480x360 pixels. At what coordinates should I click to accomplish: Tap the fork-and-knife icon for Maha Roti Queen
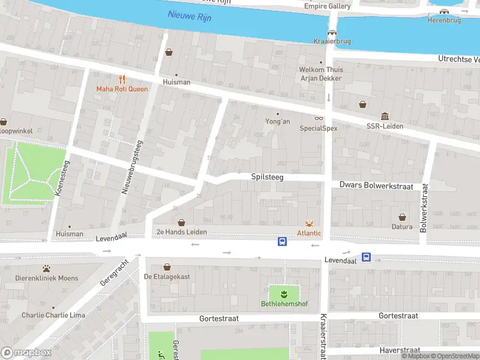122,79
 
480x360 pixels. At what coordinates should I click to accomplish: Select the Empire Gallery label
327,6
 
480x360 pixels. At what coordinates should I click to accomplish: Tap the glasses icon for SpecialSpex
319,118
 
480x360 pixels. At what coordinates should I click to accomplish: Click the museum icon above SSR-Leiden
385,116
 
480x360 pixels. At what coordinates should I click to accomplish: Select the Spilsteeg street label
267,177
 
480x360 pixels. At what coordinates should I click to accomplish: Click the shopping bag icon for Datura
402,217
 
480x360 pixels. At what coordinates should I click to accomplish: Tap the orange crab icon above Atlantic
309,223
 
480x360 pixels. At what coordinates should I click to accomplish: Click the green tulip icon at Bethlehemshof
284,293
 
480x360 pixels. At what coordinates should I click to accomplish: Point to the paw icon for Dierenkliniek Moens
46,268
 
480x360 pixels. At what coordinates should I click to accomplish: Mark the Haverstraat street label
400,350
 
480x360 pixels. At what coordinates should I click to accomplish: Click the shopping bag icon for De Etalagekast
167,267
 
